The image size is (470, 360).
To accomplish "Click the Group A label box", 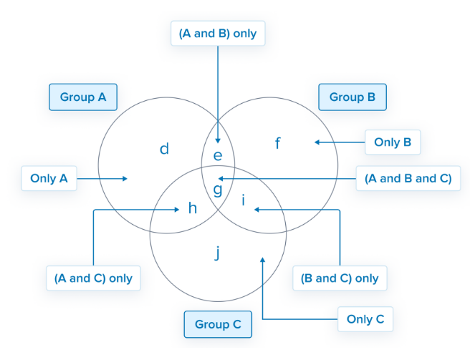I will [x=83, y=97].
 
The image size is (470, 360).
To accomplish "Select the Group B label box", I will [x=352, y=97].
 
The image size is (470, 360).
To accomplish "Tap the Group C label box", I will [x=218, y=324].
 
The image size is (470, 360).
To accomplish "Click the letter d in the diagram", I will [x=164, y=149].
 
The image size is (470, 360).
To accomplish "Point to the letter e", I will [x=219, y=155].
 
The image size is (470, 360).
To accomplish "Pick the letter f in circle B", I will [x=278, y=143].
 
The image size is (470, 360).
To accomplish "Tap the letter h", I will [x=192, y=208].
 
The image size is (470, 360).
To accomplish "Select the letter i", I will [x=244, y=202].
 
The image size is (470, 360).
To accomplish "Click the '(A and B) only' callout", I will [x=218, y=34].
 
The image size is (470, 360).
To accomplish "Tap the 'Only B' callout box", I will [x=392, y=142].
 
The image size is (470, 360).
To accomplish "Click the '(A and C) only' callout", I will [x=93, y=278].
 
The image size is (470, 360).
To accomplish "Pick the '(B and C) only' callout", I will [x=340, y=278].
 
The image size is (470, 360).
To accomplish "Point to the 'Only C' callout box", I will [x=365, y=319].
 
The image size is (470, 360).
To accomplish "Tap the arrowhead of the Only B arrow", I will [x=315, y=142].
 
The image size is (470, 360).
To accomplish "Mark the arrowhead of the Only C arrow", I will [x=263, y=261].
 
